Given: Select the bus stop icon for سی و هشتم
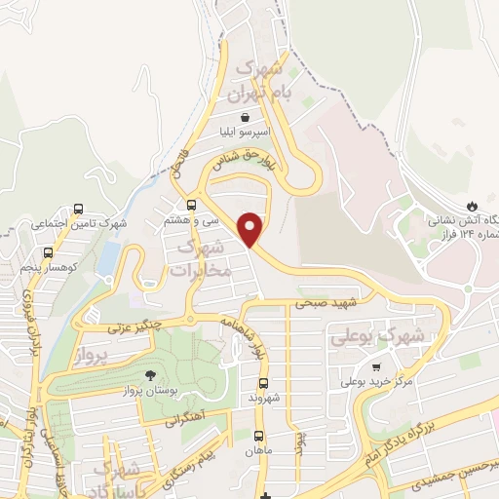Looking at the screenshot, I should pos(191,205).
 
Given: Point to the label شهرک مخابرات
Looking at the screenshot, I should pos(203,258).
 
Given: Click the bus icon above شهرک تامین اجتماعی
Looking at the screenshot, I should pos(78,208).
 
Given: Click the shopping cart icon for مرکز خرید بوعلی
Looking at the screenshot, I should pos(377,366).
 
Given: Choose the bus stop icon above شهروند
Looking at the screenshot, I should pos(264,383).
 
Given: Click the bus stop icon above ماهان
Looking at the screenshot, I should pos(258,436).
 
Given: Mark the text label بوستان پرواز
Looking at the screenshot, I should pos(152,390).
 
